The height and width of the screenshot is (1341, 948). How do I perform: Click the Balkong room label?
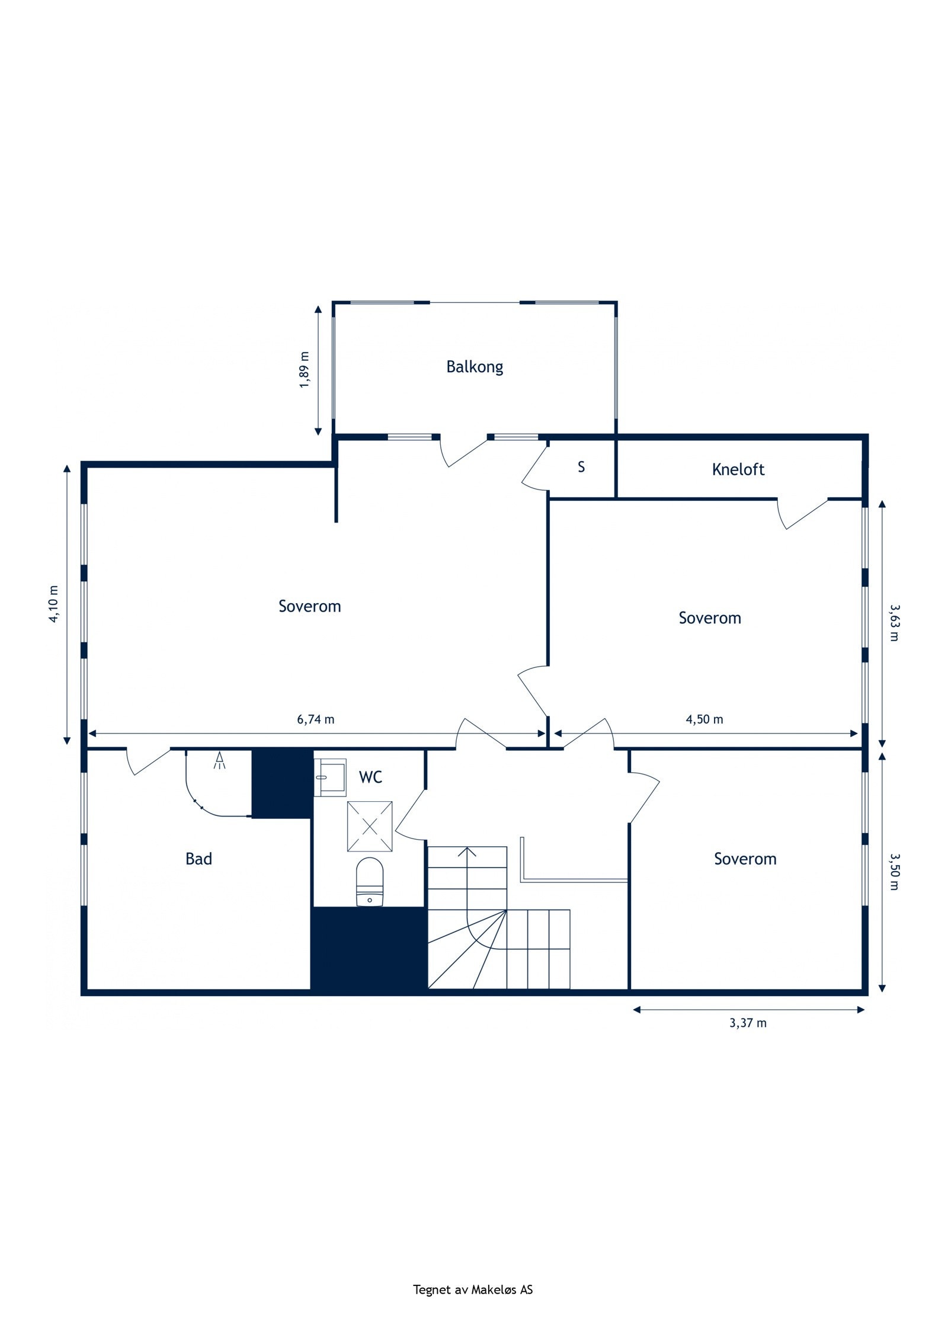click(475, 367)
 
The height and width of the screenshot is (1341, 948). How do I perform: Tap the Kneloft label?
click(738, 469)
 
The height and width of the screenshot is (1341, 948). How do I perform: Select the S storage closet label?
click(581, 467)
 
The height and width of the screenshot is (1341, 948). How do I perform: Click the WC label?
click(370, 777)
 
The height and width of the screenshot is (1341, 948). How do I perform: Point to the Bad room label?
click(198, 859)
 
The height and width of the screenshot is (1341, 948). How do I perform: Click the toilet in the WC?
click(370, 882)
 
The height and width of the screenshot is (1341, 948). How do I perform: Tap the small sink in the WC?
click(330, 776)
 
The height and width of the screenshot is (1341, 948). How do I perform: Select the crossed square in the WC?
click(370, 826)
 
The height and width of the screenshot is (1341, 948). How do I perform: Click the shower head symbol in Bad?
click(220, 760)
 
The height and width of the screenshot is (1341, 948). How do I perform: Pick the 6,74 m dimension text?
click(315, 719)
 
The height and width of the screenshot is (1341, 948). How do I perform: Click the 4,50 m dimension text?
click(704, 719)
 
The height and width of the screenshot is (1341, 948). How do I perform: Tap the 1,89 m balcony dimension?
click(305, 370)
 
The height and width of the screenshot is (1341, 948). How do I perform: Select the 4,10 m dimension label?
click(54, 604)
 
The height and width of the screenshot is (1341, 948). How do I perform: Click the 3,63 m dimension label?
click(894, 622)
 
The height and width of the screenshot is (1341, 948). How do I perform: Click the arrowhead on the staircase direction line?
click(467, 852)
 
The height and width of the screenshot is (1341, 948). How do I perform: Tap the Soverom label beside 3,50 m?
click(745, 859)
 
